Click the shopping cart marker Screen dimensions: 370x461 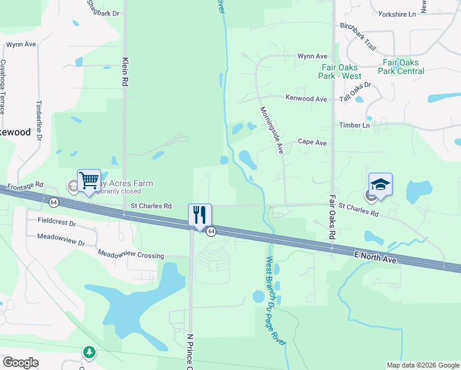pyautogui.click(x=89, y=180)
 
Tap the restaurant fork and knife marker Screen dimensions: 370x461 pyautogui.click(x=200, y=215)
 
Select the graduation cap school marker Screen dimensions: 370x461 pyautogui.click(x=380, y=184)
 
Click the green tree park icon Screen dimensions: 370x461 pyautogui.click(x=90, y=352)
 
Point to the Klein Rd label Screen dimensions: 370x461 pyautogui.click(x=125, y=72)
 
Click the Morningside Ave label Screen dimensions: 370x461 pyautogui.click(x=271, y=129)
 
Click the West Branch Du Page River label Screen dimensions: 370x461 pyautogui.click(x=276, y=309)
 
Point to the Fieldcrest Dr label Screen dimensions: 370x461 pyautogui.click(x=57, y=220)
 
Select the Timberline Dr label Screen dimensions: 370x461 pyautogui.click(x=39, y=121)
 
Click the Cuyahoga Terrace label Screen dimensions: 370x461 pyautogui.click(x=3, y=86)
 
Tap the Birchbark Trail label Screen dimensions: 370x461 pyautogui.click(x=357, y=38)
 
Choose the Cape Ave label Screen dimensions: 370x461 pyautogui.click(x=312, y=141)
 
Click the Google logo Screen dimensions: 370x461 pyautogui.click(x=20, y=363)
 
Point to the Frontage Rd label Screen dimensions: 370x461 pyautogui.click(x=26, y=184)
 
